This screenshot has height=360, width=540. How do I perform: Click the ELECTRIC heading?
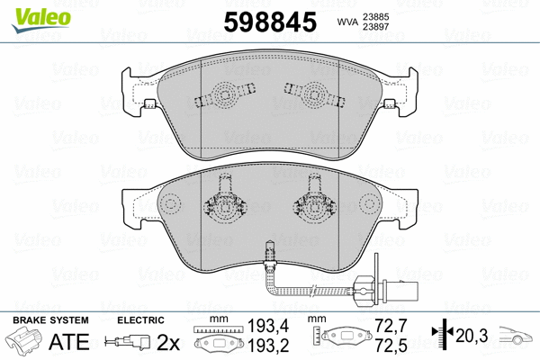pyautogui.click(x=139, y=319)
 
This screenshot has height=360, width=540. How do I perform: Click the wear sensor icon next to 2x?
pyautogui.click(x=125, y=342)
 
